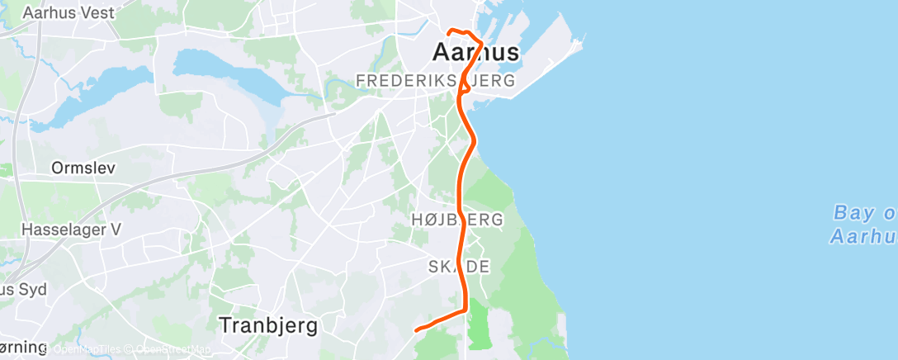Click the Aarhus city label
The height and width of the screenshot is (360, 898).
click(476, 53)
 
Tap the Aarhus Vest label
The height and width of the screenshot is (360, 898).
click(69, 13)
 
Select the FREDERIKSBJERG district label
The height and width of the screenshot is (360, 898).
click(435, 80)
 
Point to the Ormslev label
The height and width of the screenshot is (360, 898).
click(83, 168)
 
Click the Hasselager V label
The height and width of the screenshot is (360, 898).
click(70, 230)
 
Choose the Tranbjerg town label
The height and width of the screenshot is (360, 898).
click(268, 325)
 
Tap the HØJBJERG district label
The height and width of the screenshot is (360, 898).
click(457, 220)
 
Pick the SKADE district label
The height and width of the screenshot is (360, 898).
click(459, 267)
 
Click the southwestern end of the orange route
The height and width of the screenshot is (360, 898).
click(416, 330)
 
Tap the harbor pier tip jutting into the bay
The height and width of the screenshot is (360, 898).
click(583, 39)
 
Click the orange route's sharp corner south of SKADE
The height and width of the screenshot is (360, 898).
click(466, 310)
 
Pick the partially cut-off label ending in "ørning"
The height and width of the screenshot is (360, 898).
click(22, 347)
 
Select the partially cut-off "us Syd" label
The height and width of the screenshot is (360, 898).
click(23, 290)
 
